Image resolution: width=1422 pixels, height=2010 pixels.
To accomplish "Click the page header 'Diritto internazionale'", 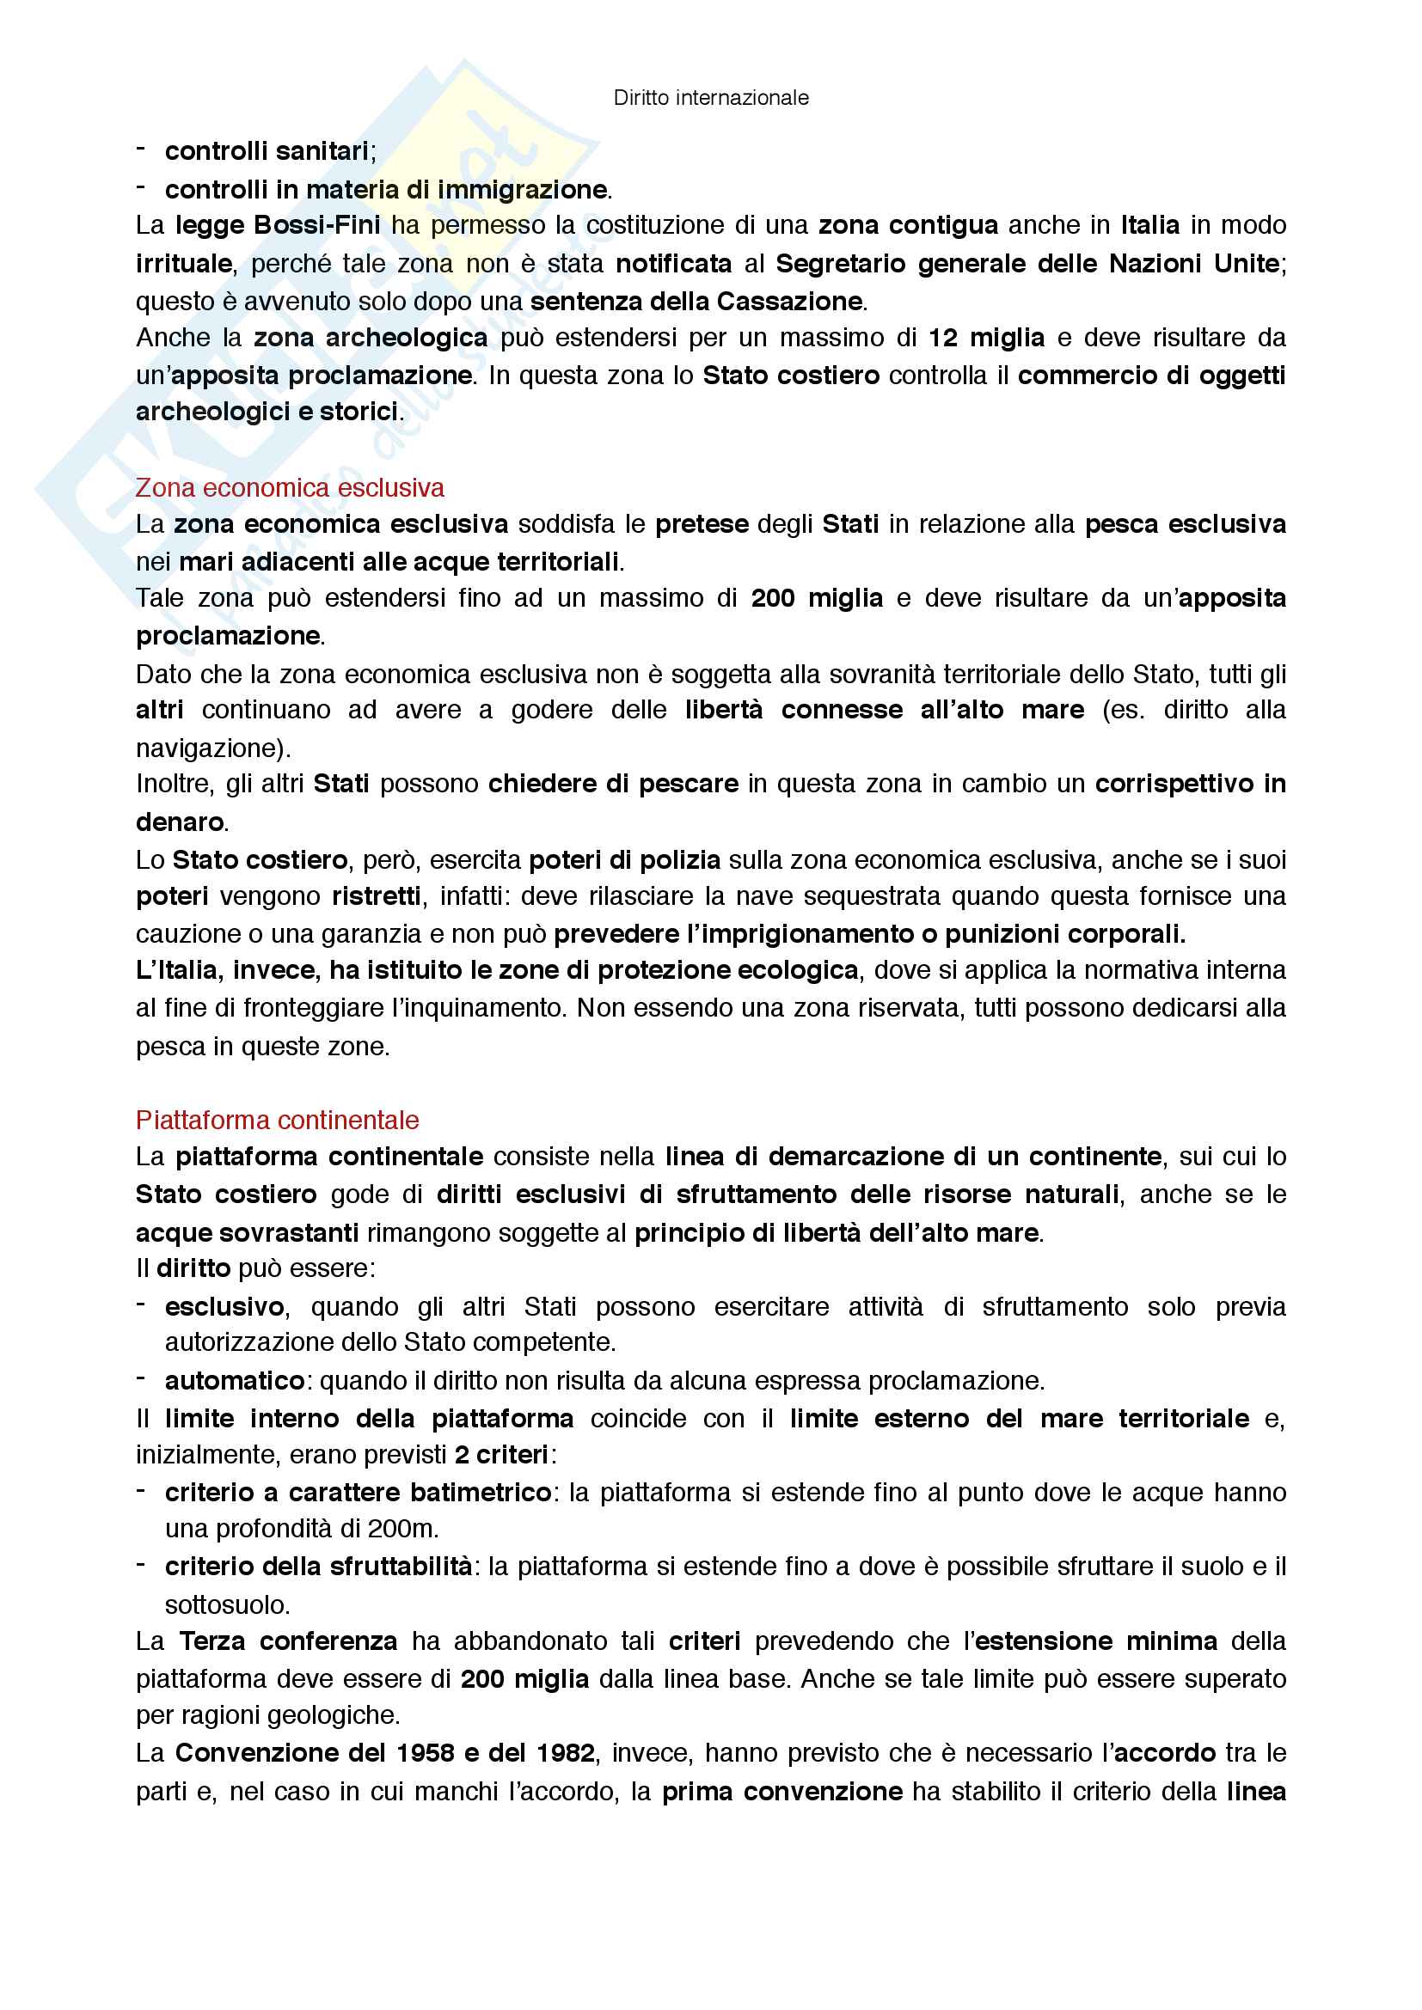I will point(711,98).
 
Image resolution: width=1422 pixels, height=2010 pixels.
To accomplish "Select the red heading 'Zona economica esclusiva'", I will point(290,487).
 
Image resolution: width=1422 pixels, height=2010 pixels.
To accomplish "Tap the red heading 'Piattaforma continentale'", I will point(277,1120).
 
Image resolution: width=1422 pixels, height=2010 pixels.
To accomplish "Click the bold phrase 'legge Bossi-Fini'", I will point(278,225).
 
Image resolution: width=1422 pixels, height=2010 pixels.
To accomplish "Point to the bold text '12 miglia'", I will point(986,337).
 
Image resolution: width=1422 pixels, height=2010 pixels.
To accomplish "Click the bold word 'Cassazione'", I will point(789,301).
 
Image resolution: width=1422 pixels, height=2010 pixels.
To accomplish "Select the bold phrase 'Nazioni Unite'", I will point(1194,263).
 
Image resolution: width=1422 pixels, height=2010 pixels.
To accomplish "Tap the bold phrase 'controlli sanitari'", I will point(267,151).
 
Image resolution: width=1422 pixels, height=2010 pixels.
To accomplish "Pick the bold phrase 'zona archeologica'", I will point(371,337).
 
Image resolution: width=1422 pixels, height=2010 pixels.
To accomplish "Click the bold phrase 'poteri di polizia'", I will point(624,859).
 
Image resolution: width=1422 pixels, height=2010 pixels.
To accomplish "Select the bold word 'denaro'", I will point(180,822).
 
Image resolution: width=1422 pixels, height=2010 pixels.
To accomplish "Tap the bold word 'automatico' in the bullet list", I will point(234,1381).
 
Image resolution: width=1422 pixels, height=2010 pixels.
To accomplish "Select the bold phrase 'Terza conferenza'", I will point(288,1640).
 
